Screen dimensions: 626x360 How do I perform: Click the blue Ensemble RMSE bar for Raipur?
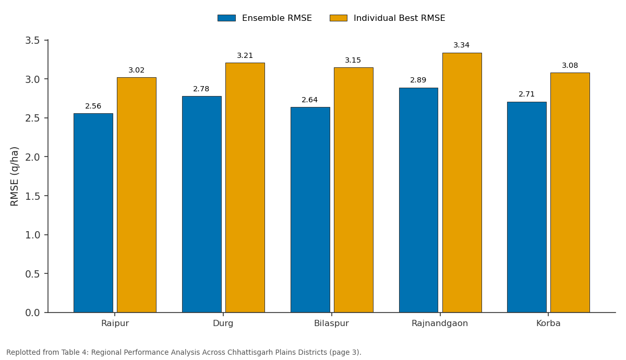(x=93, y=213)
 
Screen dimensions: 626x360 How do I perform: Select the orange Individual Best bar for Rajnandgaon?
(x=462, y=183)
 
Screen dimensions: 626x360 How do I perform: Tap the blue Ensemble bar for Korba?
(x=527, y=207)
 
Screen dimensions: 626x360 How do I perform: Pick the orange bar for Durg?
(x=245, y=187)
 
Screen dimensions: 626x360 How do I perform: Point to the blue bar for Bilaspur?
(x=310, y=210)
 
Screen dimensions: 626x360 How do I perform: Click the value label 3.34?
(x=461, y=45)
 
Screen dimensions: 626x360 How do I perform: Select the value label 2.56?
(x=93, y=106)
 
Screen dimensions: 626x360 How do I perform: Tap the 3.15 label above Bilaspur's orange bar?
(x=353, y=60)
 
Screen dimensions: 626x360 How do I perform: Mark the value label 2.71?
(x=526, y=94)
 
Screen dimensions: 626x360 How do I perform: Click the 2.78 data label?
(x=201, y=89)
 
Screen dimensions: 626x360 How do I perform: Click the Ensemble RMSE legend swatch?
(x=226, y=18)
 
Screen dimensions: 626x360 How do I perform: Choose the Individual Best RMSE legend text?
(x=400, y=18)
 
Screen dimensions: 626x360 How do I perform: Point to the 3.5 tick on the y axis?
(x=33, y=41)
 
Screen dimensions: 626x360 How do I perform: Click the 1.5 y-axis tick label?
(x=33, y=196)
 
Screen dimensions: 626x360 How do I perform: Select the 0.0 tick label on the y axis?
(x=33, y=313)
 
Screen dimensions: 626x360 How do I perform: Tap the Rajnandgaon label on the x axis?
(x=440, y=323)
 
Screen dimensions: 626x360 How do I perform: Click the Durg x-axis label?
(x=223, y=323)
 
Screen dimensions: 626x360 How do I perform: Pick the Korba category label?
(x=548, y=323)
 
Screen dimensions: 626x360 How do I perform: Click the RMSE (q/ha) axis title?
(x=14, y=176)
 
